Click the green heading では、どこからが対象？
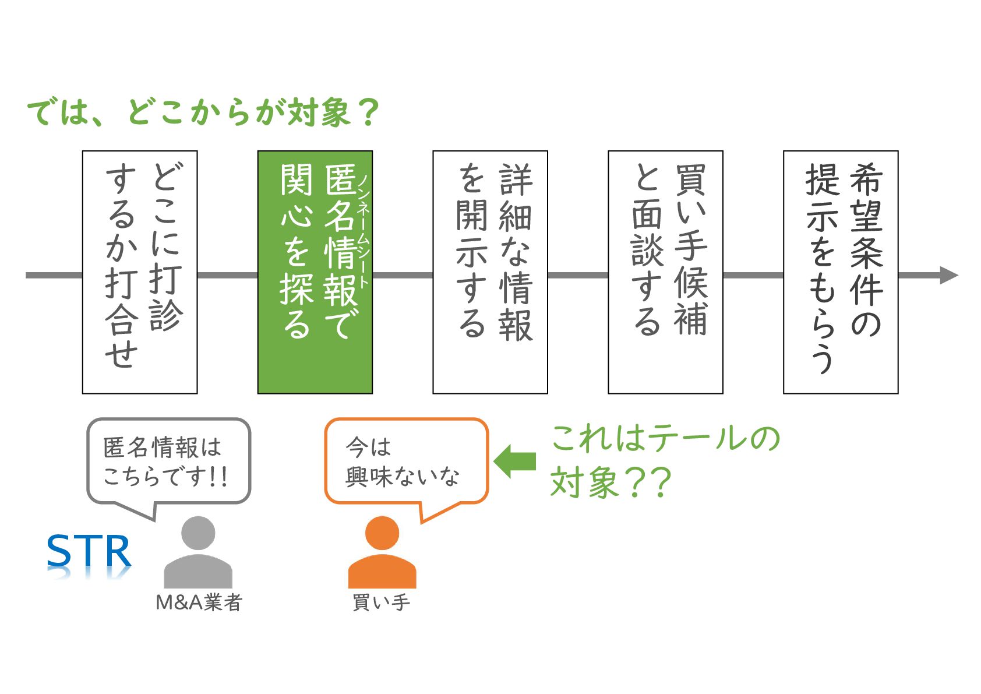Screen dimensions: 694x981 [203, 112]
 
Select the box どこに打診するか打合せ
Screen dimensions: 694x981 [140, 272]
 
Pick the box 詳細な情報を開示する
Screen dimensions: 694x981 [490, 272]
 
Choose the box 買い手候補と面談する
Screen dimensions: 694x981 [665, 272]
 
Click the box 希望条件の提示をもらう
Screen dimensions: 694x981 [840, 272]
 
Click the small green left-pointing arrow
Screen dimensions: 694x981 [514, 461]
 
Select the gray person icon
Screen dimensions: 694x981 [198, 554]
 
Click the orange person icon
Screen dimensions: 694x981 [382, 554]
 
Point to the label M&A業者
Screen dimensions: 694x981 [199, 603]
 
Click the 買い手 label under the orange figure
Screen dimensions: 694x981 [382, 603]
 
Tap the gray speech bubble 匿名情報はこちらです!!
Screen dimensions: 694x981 [168, 461]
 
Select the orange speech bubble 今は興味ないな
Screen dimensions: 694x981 [405, 461]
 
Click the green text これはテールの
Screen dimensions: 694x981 [665, 438]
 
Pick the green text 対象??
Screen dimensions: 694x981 [611, 482]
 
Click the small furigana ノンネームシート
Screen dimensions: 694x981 [364, 231]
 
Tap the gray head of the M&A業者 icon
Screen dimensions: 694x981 [198, 533]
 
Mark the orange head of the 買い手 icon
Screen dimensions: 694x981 [382, 533]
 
